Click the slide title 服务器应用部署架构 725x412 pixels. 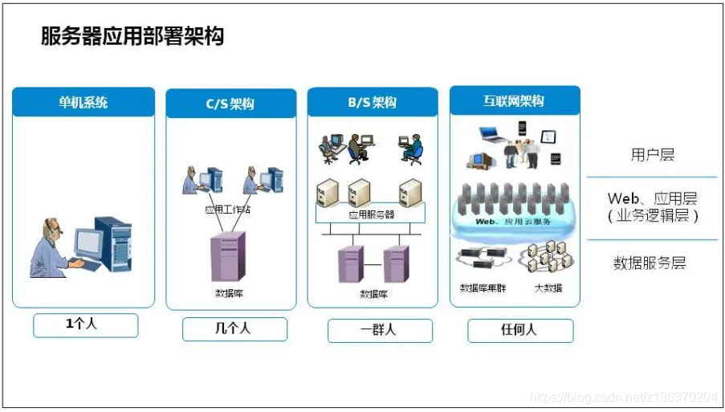point(132,36)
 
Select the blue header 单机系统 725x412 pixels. point(83,102)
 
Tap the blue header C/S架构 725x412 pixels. point(230,104)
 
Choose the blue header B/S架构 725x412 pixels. point(373,103)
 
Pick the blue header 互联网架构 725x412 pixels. point(514,101)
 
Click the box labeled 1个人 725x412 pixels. point(85,325)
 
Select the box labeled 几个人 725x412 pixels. point(234,328)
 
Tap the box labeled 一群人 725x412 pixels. point(380,330)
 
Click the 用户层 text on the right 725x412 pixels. point(652,155)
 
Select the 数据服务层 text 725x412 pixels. point(650,263)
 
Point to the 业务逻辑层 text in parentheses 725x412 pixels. point(652,215)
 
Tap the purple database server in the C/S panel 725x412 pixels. point(228,256)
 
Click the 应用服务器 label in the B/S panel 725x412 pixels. point(372,214)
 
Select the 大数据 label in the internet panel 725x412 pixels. point(548,288)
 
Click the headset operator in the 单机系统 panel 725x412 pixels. point(55,247)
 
